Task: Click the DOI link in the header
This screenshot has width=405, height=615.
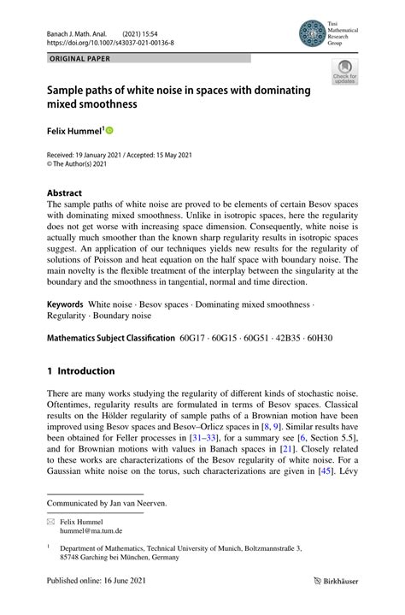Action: point(110,41)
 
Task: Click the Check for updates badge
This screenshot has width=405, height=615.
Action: point(345,73)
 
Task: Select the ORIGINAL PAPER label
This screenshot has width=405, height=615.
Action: point(80,59)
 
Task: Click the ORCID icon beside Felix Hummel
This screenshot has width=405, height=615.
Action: point(109,131)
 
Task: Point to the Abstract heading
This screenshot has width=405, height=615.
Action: point(65,193)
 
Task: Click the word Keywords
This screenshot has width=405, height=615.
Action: point(65,305)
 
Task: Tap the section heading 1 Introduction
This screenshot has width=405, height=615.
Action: point(80,371)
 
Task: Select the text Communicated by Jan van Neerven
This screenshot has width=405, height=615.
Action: point(107,503)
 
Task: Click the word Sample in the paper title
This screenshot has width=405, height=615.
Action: point(69,91)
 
